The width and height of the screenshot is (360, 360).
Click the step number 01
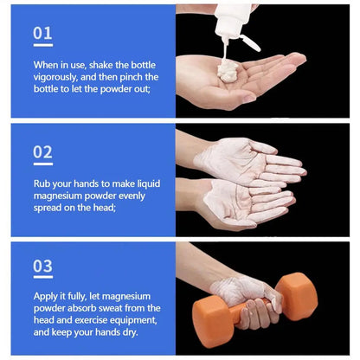pos(42,33)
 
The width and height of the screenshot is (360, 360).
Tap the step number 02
pos(42,151)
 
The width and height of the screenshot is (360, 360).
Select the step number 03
pos(42,267)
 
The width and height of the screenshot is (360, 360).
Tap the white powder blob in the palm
pos(229,73)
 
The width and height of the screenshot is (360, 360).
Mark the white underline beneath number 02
pos(42,164)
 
